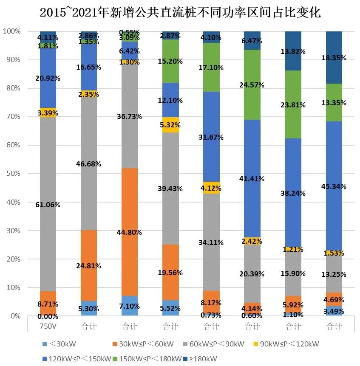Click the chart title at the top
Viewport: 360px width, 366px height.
(180, 13)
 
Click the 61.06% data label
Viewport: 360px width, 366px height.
(48, 205)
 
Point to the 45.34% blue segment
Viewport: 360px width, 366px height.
(334, 186)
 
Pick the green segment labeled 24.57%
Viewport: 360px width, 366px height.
(252, 85)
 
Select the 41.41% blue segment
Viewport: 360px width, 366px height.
(252, 179)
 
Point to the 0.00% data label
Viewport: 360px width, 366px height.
(48, 316)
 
